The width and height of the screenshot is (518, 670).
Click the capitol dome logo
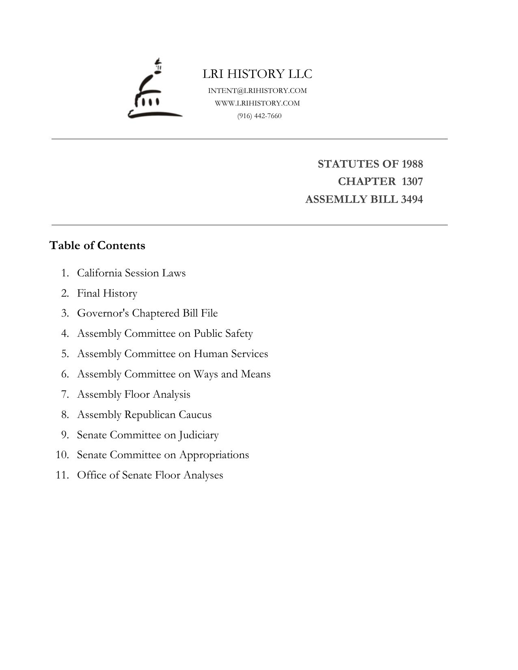(154, 90)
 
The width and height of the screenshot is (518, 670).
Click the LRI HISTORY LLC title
(257, 74)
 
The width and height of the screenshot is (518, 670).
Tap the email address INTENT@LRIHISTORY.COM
(257, 90)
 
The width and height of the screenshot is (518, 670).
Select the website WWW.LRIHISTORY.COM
(257, 103)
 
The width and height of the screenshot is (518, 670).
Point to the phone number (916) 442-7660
(259, 116)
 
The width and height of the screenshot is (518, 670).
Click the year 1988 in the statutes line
(412, 164)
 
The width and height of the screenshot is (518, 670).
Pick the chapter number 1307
(412, 181)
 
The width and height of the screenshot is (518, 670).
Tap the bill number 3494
(411, 199)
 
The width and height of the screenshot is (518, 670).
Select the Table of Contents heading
(97, 246)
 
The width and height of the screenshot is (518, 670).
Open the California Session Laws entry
(131, 273)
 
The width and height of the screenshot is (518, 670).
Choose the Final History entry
(107, 293)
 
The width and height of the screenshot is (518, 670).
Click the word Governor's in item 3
(103, 313)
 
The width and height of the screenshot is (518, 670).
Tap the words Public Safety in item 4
(223, 333)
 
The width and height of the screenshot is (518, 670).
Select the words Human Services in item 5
(231, 353)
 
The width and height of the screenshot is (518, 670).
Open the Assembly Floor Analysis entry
(134, 394)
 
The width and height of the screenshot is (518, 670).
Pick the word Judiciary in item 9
(199, 435)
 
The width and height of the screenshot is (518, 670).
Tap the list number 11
(62, 475)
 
